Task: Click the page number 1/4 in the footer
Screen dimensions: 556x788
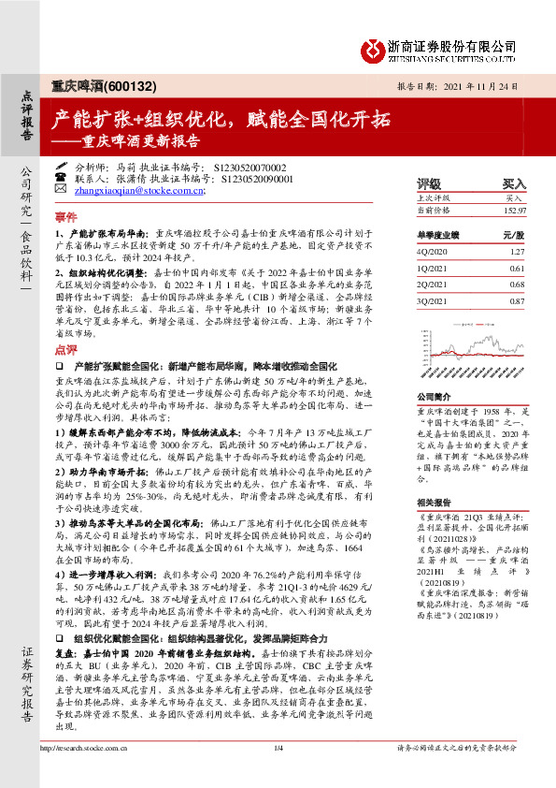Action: pyautogui.click(x=278, y=774)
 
